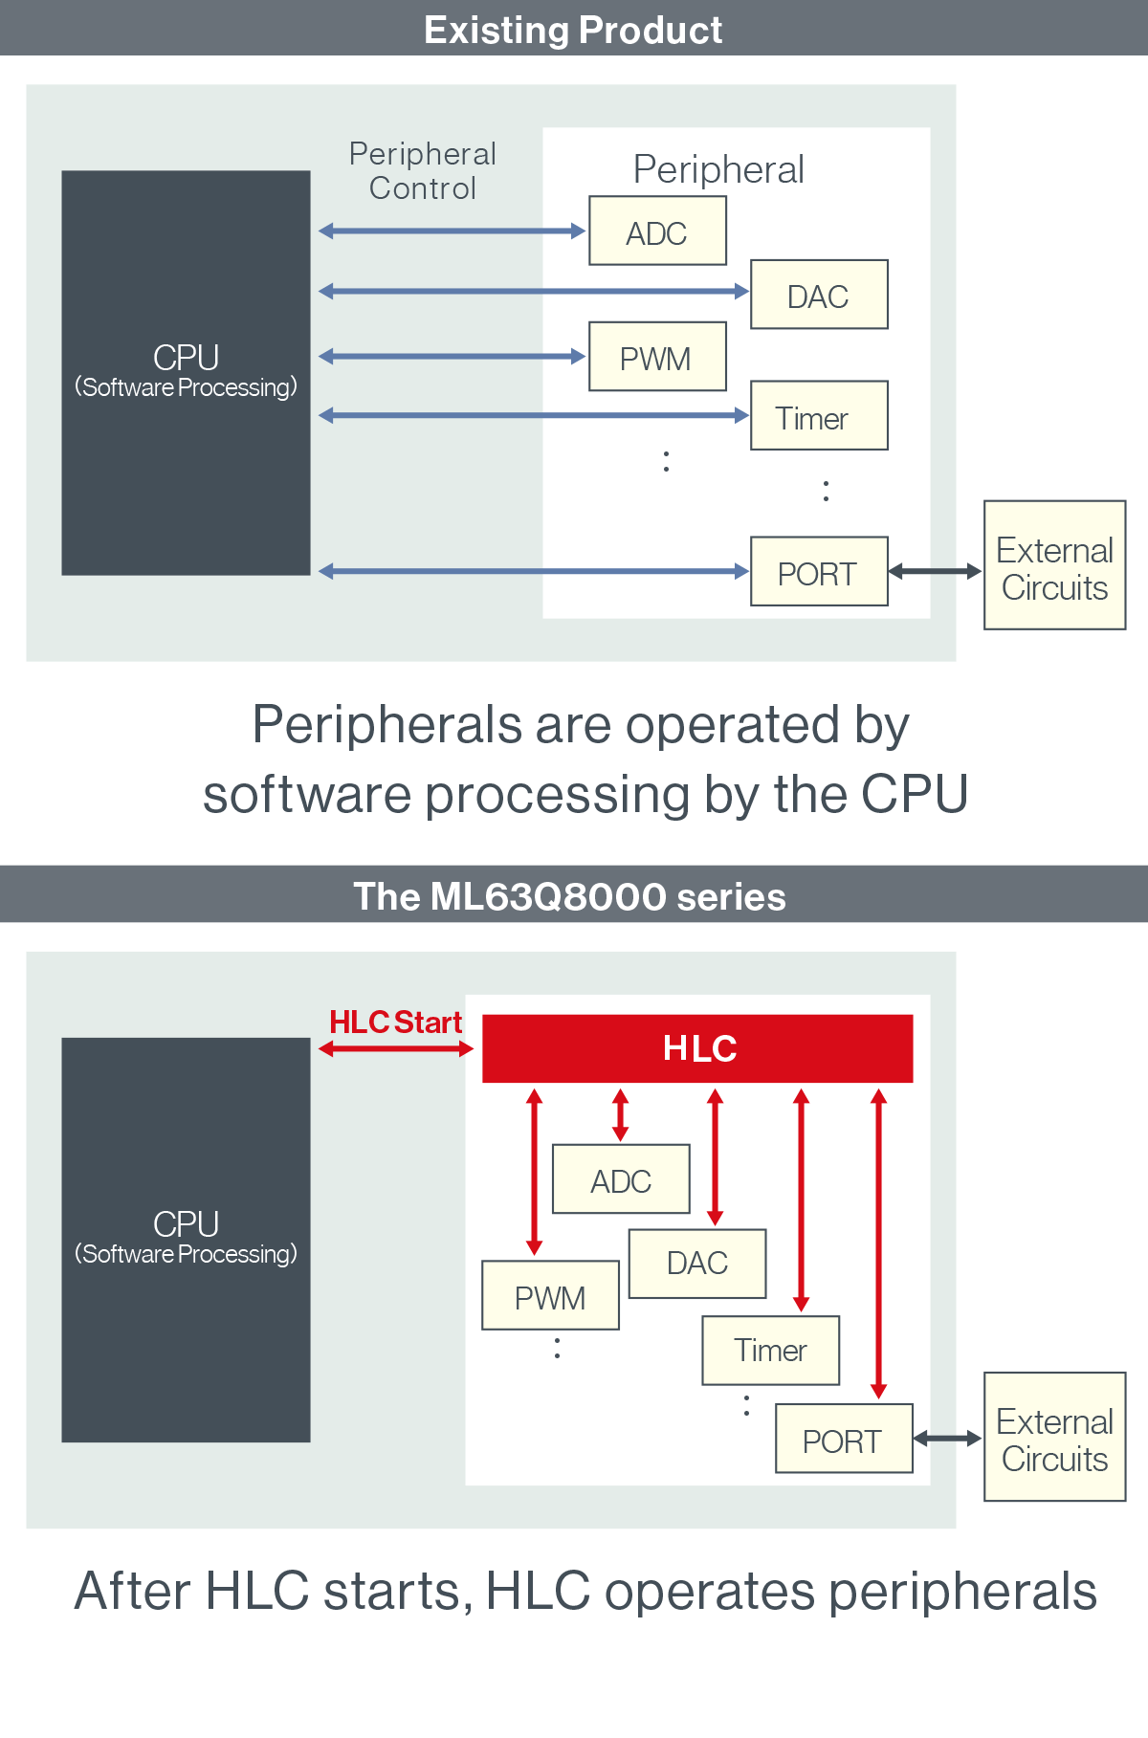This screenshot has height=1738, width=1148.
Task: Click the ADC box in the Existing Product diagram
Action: coord(657,231)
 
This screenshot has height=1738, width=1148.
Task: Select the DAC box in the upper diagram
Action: coord(819,295)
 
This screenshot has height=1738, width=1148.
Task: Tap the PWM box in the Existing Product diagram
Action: coord(657,357)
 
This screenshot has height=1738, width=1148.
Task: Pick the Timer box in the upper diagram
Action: coord(819,415)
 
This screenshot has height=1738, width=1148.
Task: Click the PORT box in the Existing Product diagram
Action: coord(819,571)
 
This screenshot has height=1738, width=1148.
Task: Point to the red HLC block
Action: coord(697,1048)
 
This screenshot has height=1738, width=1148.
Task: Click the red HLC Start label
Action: coord(395,1023)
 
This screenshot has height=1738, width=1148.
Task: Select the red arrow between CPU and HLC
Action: coord(396,1048)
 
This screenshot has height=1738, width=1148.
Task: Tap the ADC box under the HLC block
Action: coord(621,1178)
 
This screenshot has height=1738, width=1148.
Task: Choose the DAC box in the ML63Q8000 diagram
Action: coord(697,1264)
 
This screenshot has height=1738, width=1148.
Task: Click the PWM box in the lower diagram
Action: coord(550,1295)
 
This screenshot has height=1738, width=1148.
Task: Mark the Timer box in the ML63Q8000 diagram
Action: coord(770,1351)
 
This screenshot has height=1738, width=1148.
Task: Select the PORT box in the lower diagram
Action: coord(844,1439)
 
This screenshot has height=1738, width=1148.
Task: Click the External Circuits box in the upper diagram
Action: coord(1054,565)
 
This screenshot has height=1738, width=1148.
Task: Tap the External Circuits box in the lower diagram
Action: coord(1054,1437)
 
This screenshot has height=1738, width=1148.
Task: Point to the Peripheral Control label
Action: coord(423,171)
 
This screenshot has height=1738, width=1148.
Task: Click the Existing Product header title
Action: coord(573,30)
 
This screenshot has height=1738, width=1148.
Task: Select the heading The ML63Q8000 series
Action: coord(570,896)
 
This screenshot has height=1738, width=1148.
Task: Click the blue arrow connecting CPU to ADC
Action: coord(452,231)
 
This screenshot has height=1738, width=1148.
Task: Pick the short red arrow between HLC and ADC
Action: coord(620,1115)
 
